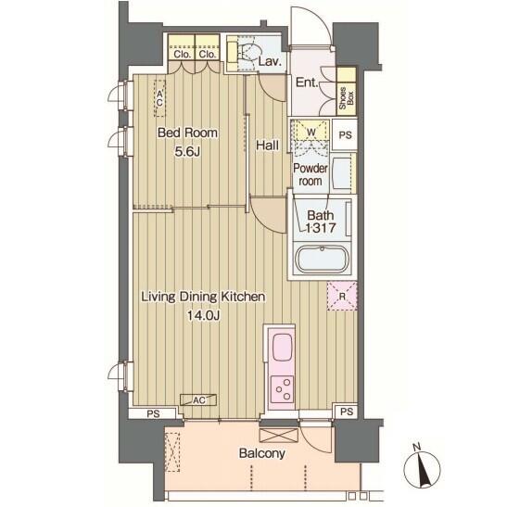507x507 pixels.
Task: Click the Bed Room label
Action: coord(187,133)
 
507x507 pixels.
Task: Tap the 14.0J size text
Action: coord(204,315)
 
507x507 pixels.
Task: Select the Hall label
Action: coord(267,146)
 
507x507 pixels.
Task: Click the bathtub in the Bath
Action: coord(322,259)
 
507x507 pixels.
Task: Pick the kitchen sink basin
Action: coord(283,348)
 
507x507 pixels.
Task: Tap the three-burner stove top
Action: coord(283,389)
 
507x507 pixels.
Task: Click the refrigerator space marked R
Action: coord(342,296)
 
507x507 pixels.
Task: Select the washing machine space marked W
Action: coord(311,132)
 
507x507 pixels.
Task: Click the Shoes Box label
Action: coord(347,98)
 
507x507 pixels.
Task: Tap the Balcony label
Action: coord(262,453)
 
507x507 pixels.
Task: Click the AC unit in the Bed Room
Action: coord(159,98)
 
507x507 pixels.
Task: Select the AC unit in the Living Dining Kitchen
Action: coord(198,400)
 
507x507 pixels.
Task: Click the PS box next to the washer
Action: coord(345,134)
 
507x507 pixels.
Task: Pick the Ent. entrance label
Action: coord(307,82)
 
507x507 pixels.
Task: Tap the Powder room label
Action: coord(311,174)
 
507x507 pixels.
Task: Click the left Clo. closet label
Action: coord(183,54)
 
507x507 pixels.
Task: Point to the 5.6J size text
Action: coord(187,151)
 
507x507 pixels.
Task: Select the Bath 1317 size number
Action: coord(321,228)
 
